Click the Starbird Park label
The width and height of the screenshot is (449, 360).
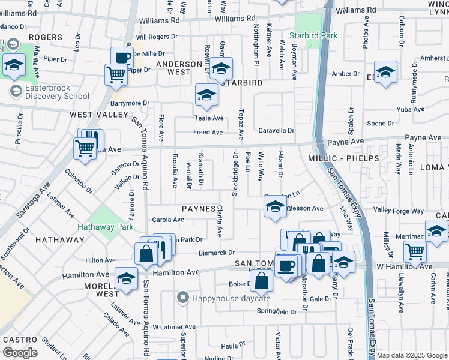313,35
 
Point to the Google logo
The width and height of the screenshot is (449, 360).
19,353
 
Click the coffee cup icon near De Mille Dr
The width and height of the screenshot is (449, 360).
122,58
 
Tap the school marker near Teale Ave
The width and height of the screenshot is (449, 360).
206,95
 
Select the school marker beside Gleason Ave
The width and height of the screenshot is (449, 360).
274,208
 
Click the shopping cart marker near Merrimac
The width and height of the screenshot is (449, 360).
415,251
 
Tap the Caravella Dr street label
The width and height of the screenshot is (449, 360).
276,130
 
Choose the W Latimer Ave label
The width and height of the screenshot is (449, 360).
175,327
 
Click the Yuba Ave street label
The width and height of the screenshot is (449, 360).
411,109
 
